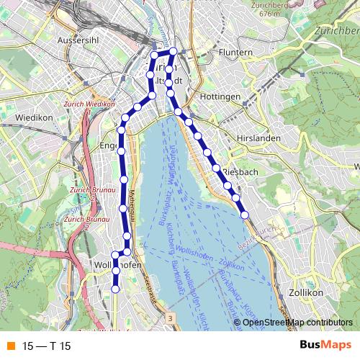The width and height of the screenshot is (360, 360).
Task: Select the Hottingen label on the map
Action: [220, 96]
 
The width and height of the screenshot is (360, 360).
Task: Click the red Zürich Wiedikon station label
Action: [89, 104]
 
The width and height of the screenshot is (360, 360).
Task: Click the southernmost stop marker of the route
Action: [115, 289]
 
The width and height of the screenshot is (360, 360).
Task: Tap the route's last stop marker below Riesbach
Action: [244, 214]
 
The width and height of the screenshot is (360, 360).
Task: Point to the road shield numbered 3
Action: [168, 317]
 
